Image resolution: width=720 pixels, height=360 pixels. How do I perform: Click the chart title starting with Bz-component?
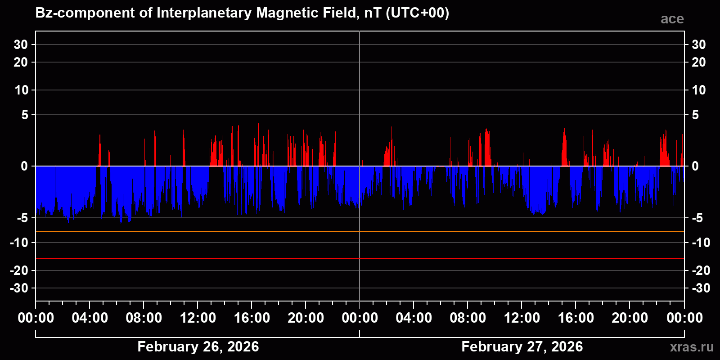click(x=242, y=13)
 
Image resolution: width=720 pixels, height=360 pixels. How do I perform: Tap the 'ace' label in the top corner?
click(x=672, y=19)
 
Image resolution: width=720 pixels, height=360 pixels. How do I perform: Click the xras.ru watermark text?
click(x=692, y=347)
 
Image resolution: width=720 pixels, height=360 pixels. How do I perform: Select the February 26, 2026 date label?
click(x=198, y=346)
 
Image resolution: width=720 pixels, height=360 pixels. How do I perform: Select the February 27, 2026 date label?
click(x=522, y=346)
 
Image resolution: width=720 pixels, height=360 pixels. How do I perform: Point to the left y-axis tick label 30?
click(x=21, y=45)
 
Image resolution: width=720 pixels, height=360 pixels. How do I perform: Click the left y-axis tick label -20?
click(x=19, y=270)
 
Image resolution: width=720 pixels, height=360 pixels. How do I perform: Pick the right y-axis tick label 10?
click(x=698, y=90)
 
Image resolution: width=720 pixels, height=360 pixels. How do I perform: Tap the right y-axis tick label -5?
click(x=697, y=218)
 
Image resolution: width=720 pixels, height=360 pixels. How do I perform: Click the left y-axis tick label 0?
click(x=24, y=166)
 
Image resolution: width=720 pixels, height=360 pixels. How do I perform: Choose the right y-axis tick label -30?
click(x=701, y=288)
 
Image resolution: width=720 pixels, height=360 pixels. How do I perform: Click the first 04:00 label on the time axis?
click(x=90, y=318)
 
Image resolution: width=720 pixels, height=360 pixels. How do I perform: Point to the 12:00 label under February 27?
click(x=522, y=318)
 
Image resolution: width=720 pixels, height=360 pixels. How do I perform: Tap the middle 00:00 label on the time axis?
click(x=360, y=318)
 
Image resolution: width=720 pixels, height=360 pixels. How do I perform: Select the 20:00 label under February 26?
click(x=306, y=318)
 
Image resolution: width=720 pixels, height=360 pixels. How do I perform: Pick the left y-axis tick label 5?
click(x=24, y=115)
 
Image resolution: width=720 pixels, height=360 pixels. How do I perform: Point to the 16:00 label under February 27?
click(x=576, y=318)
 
